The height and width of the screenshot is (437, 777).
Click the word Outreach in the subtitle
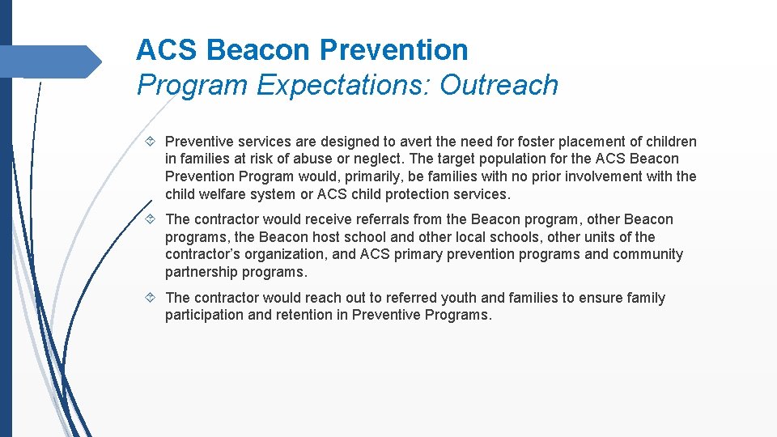[x=499, y=85]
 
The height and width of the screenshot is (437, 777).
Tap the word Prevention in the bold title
[x=393, y=50]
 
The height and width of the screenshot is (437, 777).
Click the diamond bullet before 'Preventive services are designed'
[x=154, y=142]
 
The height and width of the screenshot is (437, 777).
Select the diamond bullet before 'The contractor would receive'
[x=154, y=219]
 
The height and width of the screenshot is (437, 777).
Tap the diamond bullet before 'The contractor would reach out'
[x=154, y=298]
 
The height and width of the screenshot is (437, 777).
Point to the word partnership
[x=202, y=273]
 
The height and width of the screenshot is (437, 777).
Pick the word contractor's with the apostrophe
[x=202, y=255]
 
